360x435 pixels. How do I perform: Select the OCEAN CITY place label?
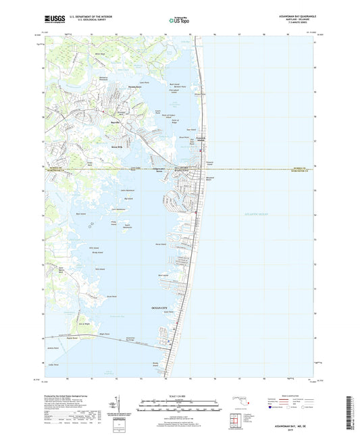pyautogui.click(x=164, y=308)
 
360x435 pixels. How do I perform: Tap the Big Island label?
pyautogui.click(x=128, y=199)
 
